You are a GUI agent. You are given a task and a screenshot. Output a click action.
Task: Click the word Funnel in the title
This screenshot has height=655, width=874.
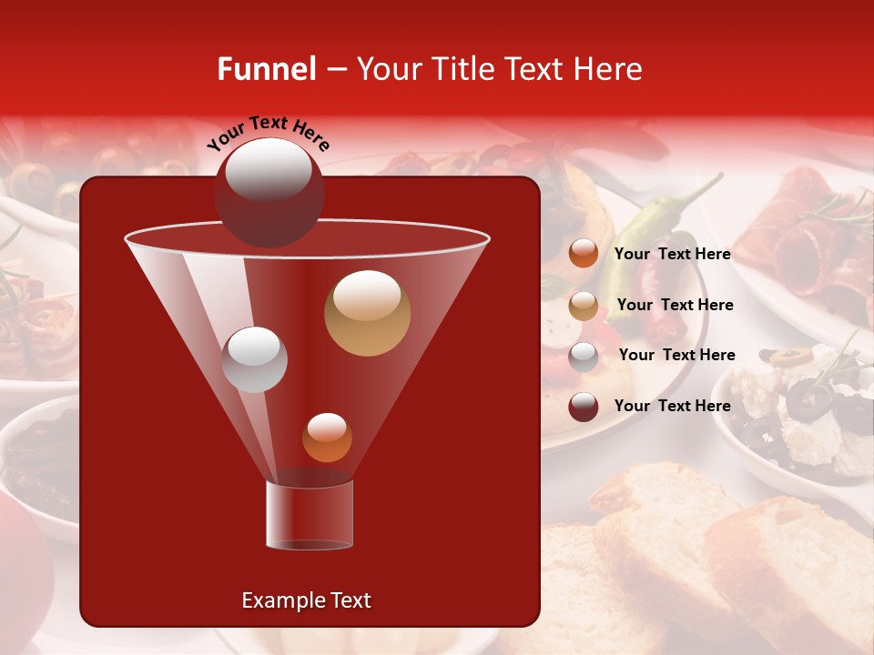pyautogui.click(x=266, y=69)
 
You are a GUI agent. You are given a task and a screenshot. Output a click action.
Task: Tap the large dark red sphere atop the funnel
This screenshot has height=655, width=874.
pyautogui.click(x=269, y=192)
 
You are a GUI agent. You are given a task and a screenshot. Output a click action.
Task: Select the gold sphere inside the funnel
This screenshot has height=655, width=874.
pyautogui.click(x=367, y=313)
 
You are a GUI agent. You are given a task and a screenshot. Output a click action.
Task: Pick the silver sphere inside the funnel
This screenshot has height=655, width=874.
pyautogui.click(x=255, y=359)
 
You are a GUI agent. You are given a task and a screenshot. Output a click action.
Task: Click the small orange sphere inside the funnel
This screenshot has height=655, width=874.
pyautogui.click(x=327, y=438)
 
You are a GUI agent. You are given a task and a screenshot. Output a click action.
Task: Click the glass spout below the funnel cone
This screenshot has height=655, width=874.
pyautogui.click(x=310, y=515)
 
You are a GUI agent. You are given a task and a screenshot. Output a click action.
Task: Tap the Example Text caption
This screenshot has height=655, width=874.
pyautogui.click(x=306, y=600)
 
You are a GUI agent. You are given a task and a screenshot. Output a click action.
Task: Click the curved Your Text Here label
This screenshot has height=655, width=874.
pyautogui.click(x=268, y=133)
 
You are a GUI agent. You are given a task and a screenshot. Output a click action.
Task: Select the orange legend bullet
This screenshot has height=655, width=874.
pyautogui.click(x=584, y=254)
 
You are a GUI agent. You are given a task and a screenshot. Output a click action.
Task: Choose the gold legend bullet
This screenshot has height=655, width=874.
pyautogui.click(x=584, y=306)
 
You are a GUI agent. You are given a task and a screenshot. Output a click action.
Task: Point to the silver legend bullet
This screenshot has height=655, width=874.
pyautogui.click(x=584, y=357)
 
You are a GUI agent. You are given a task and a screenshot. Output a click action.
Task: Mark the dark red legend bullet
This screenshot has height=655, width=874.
pyautogui.click(x=584, y=407)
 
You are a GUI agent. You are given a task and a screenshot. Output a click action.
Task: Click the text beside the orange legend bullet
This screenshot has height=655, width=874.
pyautogui.click(x=672, y=254)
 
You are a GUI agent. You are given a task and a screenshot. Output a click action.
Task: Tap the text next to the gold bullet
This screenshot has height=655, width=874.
pyautogui.click(x=675, y=305)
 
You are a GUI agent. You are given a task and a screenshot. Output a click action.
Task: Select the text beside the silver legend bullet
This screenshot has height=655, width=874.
pyautogui.click(x=676, y=355)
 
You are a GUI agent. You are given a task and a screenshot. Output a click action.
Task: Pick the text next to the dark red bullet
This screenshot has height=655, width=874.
pyautogui.click(x=672, y=406)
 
